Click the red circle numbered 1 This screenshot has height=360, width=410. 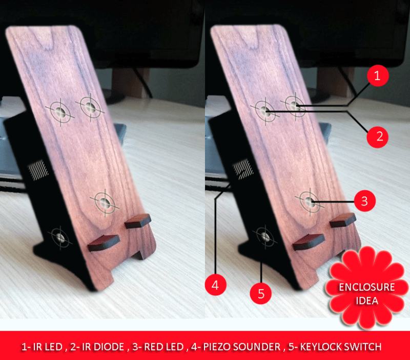tap(378, 76)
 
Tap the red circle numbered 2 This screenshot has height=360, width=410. tap(377, 137)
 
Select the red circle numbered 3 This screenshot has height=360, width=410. tap(365, 201)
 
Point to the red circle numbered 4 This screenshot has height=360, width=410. tap(215, 285)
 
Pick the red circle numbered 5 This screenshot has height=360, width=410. tap(261, 293)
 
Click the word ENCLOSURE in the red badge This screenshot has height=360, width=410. tap(367, 287)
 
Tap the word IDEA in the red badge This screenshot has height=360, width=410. tap(367, 301)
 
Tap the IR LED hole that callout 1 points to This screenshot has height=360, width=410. tap(295, 106)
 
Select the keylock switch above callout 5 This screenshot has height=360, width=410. tap(265, 237)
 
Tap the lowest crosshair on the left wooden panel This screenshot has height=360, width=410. tap(105, 202)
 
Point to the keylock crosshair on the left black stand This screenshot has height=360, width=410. tap(60, 238)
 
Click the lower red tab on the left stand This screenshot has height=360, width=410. tap(104, 243)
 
